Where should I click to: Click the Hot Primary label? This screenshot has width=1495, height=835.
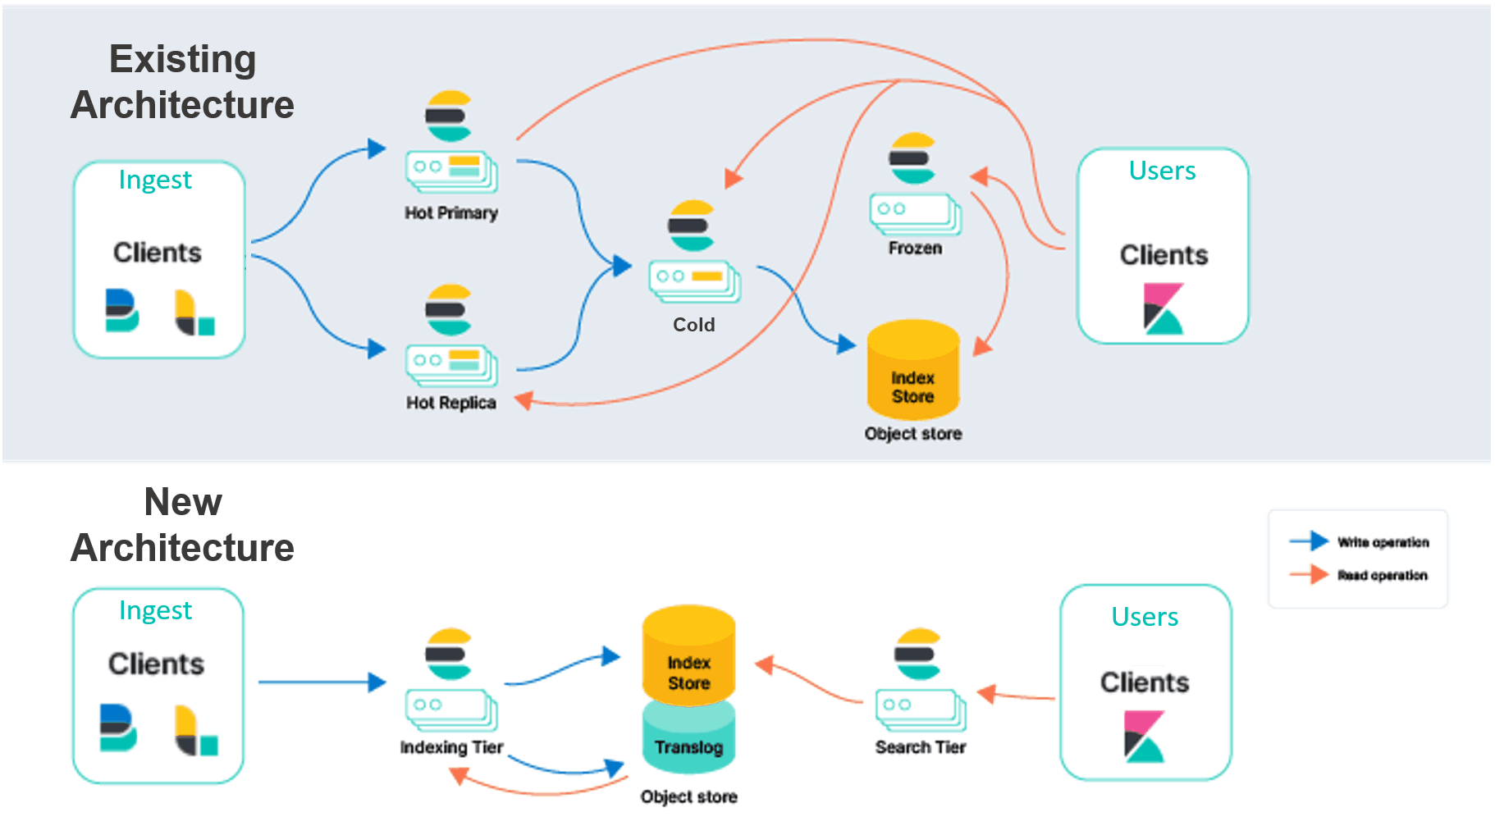point(450,213)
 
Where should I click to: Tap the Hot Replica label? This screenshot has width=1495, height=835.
point(450,403)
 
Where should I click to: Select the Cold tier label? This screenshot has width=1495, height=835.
point(693,325)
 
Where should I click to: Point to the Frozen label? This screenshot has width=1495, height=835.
point(915,248)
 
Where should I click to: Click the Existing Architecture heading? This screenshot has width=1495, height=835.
point(182,82)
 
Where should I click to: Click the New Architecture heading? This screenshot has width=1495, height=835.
point(182,525)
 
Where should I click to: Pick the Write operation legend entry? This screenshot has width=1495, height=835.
point(1382,542)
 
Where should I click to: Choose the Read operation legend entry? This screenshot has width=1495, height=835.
point(1382,575)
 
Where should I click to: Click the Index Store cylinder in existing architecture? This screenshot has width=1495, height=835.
point(912,373)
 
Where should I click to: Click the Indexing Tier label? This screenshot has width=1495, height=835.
point(451,747)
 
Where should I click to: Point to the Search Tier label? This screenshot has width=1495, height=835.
point(920,747)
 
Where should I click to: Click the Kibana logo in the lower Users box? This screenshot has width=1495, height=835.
point(1144,736)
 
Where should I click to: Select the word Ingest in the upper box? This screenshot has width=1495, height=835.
point(155,180)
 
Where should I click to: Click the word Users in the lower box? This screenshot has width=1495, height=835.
point(1145,617)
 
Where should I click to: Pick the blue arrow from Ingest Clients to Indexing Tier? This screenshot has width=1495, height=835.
point(320,682)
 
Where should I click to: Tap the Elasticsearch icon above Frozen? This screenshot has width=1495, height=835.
point(912,158)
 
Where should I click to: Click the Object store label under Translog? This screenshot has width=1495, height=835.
point(688,796)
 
